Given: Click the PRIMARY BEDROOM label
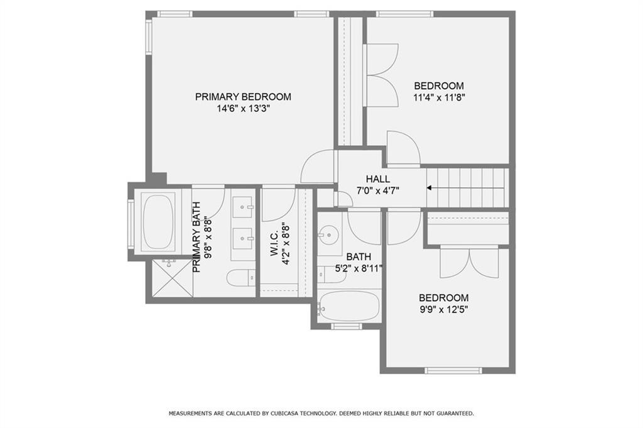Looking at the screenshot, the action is click(243, 97).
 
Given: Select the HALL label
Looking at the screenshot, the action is click(377, 179).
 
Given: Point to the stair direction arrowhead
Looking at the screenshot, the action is click(429, 188).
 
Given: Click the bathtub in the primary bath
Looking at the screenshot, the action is click(158, 222).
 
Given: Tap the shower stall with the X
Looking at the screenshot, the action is click(172, 277).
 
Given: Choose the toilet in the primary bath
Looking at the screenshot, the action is click(241, 278).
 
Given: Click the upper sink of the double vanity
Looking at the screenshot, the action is click(243, 206).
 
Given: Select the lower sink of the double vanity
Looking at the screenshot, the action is click(243, 238).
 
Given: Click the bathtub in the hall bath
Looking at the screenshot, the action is click(349, 307).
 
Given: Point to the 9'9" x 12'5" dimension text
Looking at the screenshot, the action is click(443, 309).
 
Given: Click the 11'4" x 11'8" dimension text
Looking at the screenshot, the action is click(439, 97).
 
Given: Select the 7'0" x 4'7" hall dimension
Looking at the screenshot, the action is click(377, 190).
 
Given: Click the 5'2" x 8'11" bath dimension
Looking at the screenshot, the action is click(359, 269).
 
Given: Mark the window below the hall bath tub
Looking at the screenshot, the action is click(346, 326).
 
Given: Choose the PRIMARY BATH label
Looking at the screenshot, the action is click(197, 237).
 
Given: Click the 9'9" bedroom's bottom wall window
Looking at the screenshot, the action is click(453, 371).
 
